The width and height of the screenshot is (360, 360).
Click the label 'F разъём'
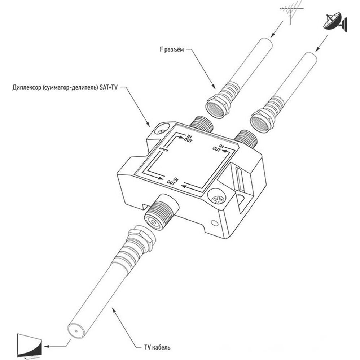click(172, 50)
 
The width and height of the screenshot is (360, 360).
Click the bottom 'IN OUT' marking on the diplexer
click(173, 181)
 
